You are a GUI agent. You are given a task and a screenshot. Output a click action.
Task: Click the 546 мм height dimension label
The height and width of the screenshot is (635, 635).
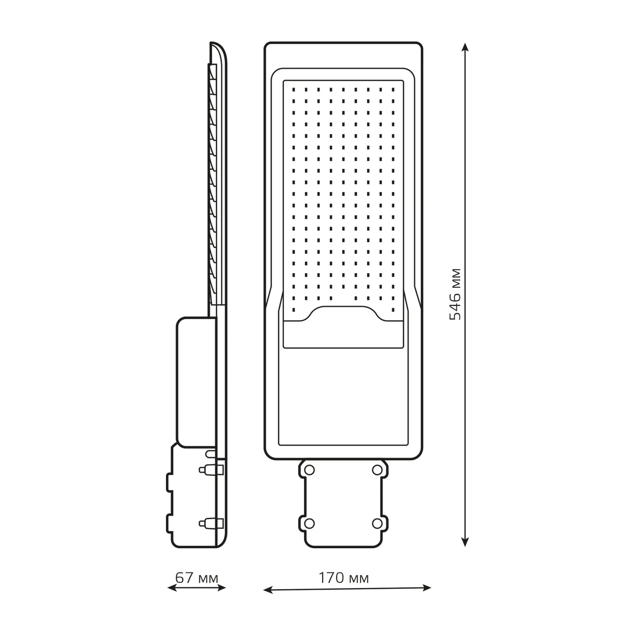[456, 294]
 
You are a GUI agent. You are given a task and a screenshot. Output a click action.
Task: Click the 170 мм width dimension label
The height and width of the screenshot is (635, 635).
[343, 578]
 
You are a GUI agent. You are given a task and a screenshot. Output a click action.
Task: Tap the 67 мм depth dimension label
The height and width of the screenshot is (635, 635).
[197, 578]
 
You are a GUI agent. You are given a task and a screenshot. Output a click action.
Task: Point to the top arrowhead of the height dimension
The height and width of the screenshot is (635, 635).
[465, 47]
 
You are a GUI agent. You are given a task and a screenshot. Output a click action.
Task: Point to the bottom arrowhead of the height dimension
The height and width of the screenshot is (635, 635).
[465, 541]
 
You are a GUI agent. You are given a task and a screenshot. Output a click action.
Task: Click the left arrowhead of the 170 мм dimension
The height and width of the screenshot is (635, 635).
[268, 589]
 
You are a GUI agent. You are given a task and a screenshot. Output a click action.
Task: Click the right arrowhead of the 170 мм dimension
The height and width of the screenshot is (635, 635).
[426, 588]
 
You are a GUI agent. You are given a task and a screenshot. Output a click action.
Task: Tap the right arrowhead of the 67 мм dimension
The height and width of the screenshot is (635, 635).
[221, 587]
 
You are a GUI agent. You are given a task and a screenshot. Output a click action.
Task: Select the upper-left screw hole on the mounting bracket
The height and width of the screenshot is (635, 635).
[309, 469]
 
